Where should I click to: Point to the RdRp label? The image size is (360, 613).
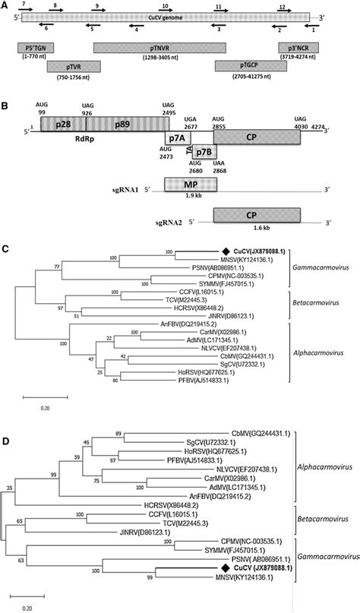click(x=101, y=138)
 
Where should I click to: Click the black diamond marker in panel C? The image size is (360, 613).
click(x=226, y=251)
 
